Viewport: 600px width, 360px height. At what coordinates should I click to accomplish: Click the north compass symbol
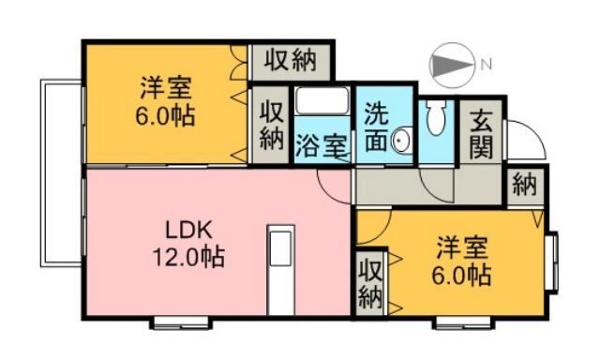pos(453,66)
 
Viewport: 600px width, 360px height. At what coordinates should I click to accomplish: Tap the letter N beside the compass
pos(487,66)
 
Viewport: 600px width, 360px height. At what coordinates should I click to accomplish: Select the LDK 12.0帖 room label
pos(192,243)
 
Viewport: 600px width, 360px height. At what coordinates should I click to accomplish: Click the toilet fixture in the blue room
pos(435,119)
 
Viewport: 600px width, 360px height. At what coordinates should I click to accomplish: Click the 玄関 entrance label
pos(482,134)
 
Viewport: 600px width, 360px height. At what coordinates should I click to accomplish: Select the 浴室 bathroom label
pos(322,146)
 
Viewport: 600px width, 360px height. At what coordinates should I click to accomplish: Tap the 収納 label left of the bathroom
pos(272,126)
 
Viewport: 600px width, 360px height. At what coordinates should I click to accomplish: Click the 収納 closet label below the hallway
pos(369,283)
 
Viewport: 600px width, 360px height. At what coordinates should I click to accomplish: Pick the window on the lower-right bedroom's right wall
pos(553,262)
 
